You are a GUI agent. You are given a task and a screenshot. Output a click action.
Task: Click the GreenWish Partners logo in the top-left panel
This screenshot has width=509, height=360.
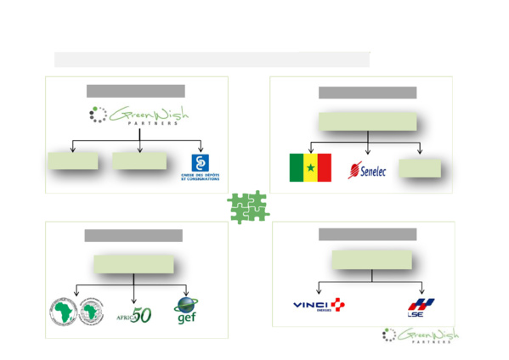[139, 116]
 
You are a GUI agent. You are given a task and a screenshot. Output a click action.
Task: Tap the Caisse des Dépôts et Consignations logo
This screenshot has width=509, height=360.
[200, 167]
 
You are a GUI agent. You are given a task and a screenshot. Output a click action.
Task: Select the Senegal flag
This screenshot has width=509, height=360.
[310, 167]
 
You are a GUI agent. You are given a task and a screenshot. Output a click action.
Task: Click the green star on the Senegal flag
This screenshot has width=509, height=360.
[310, 168]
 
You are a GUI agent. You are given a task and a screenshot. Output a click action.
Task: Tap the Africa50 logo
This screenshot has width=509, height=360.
[134, 314]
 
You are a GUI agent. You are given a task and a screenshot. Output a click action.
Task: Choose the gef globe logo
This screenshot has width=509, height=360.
[187, 309]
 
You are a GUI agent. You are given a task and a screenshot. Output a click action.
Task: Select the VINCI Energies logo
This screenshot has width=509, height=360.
[319, 306]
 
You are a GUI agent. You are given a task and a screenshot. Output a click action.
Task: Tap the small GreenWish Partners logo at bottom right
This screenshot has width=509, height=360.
[420, 335]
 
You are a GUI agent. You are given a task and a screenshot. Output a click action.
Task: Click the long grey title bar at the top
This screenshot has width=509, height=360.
[212, 59]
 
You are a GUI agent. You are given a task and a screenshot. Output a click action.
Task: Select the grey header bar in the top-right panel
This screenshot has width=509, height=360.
[367, 93]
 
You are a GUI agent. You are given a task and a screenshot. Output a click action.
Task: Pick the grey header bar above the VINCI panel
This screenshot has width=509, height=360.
[367, 233]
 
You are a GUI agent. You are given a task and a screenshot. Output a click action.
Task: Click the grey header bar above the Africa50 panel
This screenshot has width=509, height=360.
[133, 235]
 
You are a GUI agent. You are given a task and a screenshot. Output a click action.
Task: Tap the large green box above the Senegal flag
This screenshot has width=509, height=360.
[368, 121]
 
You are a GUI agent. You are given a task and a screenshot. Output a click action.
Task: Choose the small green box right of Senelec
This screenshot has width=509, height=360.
[420, 166]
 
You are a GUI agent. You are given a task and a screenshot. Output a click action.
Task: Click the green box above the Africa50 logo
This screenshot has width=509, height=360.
[133, 264]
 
